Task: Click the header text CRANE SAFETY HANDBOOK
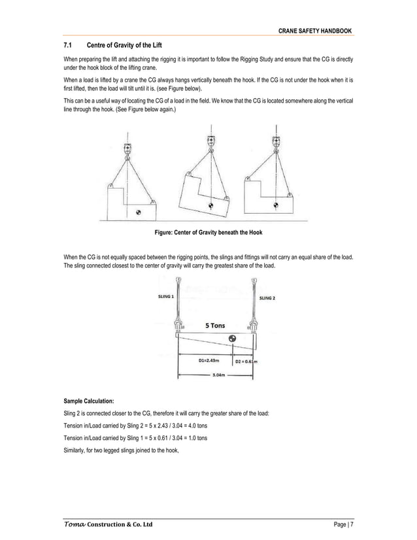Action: (x=315, y=31)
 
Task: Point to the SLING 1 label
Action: (x=166, y=296)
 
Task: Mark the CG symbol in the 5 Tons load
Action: (x=233, y=339)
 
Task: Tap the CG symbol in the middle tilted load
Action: (x=210, y=205)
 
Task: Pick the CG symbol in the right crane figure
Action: (x=276, y=205)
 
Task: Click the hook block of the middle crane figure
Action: (x=210, y=141)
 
